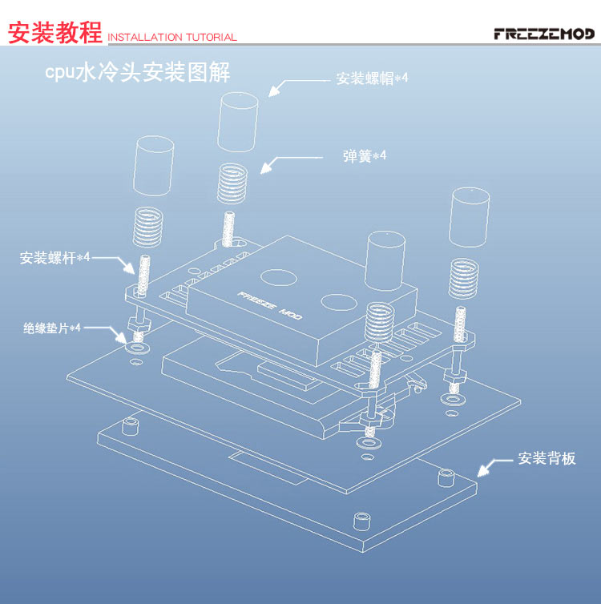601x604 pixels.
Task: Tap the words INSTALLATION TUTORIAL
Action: [x=172, y=37]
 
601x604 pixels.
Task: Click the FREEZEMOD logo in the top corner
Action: [x=544, y=34]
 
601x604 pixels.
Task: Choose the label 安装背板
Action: [x=547, y=459]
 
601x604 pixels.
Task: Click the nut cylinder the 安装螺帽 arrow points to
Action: [x=238, y=121]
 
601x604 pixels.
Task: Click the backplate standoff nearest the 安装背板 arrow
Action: [x=446, y=478]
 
